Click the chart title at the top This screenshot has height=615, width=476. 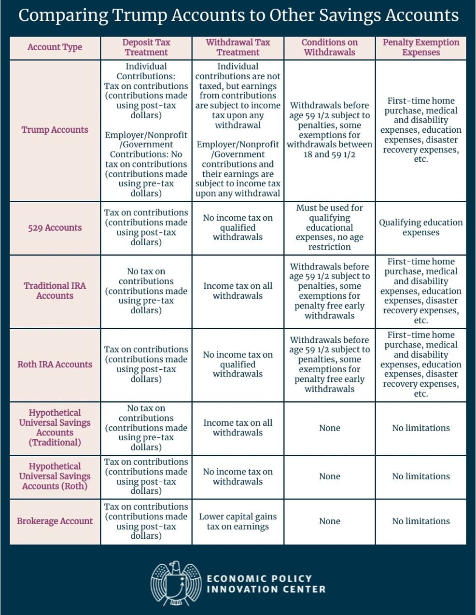pyautogui.click(x=238, y=15)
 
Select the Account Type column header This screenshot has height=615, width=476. pyautogui.click(x=55, y=47)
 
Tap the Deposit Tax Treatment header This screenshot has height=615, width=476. pyautogui.click(x=146, y=47)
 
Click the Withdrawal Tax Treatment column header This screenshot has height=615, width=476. pyautogui.click(x=238, y=47)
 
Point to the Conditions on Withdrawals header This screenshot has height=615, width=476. pyautogui.click(x=329, y=47)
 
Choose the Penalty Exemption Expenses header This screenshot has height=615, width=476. pyautogui.click(x=421, y=47)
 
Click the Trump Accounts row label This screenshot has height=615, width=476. pyautogui.click(x=55, y=130)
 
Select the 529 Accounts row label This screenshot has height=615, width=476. pyautogui.click(x=55, y=228)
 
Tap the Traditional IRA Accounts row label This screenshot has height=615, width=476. pyautogui.click(x=55, y=291)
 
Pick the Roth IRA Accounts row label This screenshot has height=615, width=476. pyautogui.click(x=55, y=364)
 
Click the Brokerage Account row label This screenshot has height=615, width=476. pyautogui.click(x=55, y=521)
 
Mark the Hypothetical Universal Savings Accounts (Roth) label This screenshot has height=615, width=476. pyautogui.click(x=55, y=476)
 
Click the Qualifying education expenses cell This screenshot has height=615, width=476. pyautogui.click(x=421, y=227)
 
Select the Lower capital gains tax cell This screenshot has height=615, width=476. pyautogui.click(x=238, y=521)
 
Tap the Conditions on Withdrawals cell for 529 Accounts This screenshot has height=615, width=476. pyautogui.click(x=329, y=227)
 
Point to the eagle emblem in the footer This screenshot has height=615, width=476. pyautogui.click(x=175, y=583)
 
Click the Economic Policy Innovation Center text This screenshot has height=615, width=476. pyautogui.click(x=266, y=584)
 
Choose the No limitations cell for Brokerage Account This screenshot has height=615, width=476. pyautogui.click(x=421, y=521)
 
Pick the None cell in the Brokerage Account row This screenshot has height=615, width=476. pyautogui.click(x=329, y=521)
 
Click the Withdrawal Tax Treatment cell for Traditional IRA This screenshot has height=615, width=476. pyautogui.click(x=238, y=291)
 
